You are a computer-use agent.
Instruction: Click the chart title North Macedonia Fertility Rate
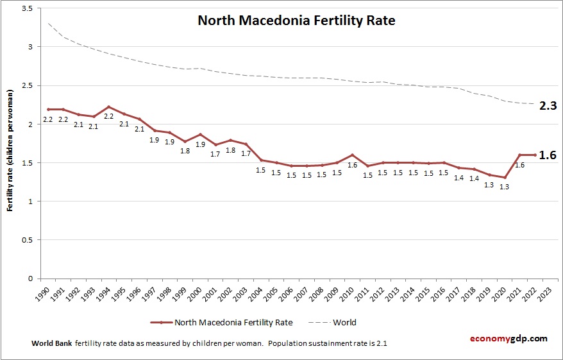click(x=296, y=21)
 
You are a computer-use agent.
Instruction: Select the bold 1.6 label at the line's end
click(x=547, y=155)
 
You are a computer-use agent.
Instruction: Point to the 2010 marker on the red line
click(x=352, y=155)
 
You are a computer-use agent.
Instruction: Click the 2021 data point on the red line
click(x=520, y=155)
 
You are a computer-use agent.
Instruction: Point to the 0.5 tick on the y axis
click(x=29, y=240)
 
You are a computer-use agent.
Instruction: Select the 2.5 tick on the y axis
click(x=29, y=86)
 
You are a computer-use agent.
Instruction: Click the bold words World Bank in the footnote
click(x=51, y=343)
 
